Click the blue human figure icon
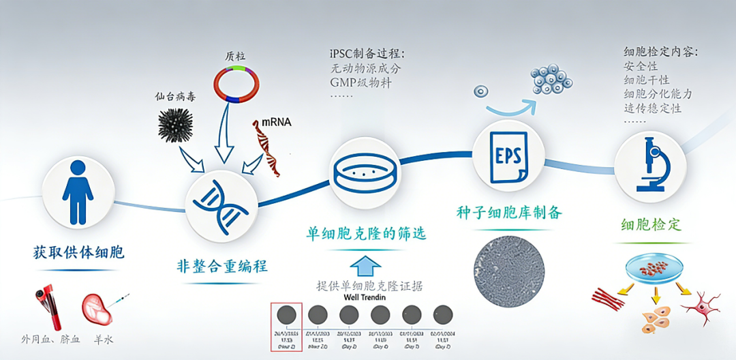click(78, 192)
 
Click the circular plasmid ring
click(236, 84)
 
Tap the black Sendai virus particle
click(174, 125)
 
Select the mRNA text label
click(277, 122)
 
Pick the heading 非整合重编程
click(221, 265)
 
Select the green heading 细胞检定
click(651, 224)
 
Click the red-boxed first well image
click(287, 315)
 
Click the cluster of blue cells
click(551, 80)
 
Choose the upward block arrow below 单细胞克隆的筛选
click(366, 264)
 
